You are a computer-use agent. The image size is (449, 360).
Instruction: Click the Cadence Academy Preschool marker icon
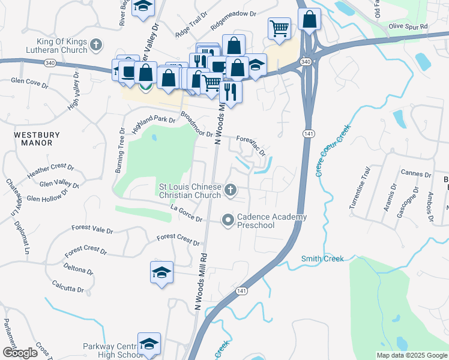click(x=228, y=221)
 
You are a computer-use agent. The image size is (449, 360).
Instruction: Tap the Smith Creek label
click(x=323, y=259)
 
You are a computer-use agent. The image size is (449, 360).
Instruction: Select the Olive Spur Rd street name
click(x=408, y=26)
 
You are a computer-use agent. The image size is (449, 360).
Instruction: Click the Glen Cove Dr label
click(x=29, y=83)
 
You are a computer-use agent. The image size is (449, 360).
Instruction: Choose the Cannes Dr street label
click(x=417, y=174)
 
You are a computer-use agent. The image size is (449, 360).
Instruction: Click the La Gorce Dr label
click(x=186, y=214)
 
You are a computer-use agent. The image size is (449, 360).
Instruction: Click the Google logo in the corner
click(x=20, y=353)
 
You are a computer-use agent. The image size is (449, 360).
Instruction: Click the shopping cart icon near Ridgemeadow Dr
click(x=279, y=28)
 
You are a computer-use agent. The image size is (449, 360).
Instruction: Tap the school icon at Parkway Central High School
click(x=149, y=344)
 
